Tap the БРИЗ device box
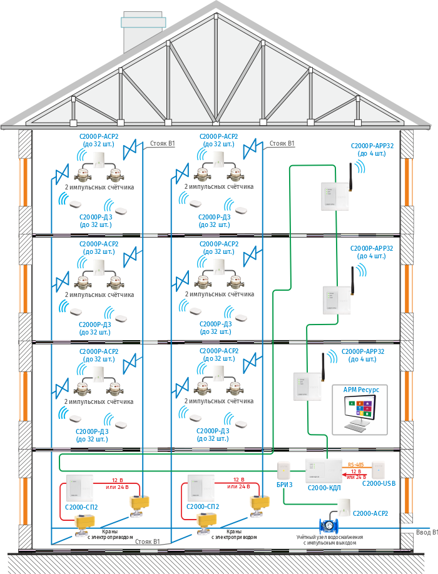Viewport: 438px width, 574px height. pos(284,468)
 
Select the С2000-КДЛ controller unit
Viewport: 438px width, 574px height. pos(323,470)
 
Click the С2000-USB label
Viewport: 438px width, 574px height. pos(379,484)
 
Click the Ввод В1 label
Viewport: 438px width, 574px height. pos(426,532)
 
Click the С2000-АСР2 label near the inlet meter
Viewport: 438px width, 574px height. pos(370,513)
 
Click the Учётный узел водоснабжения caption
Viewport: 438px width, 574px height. pos(330,540)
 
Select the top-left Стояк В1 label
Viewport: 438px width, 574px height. pos(163,144)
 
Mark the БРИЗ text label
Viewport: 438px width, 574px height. pos(285,484)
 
